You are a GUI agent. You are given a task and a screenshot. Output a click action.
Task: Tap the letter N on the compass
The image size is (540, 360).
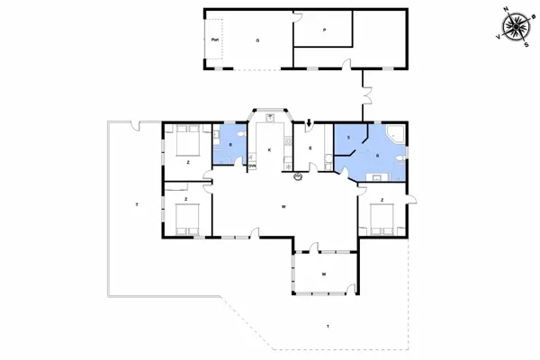coord(506,10)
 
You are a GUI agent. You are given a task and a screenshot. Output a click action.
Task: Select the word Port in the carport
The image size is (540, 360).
coord(214,40)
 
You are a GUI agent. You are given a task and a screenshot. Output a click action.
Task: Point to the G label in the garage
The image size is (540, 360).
coord(256,40)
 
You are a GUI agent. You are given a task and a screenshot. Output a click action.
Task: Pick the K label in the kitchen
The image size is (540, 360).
coord(269,149)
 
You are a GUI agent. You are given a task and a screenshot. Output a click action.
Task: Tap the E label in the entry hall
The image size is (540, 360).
coord(310,147)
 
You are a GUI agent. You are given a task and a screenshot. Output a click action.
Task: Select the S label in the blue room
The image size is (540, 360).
coord(347,137)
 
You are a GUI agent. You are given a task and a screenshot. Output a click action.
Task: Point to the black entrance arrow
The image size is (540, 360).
coord(310,123)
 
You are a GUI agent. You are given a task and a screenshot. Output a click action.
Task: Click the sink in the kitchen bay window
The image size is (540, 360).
coord(269,118)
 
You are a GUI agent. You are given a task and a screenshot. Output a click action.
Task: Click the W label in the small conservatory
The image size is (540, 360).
coord(323,274)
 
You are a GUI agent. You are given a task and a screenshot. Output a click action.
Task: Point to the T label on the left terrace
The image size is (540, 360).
coord(136,206)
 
